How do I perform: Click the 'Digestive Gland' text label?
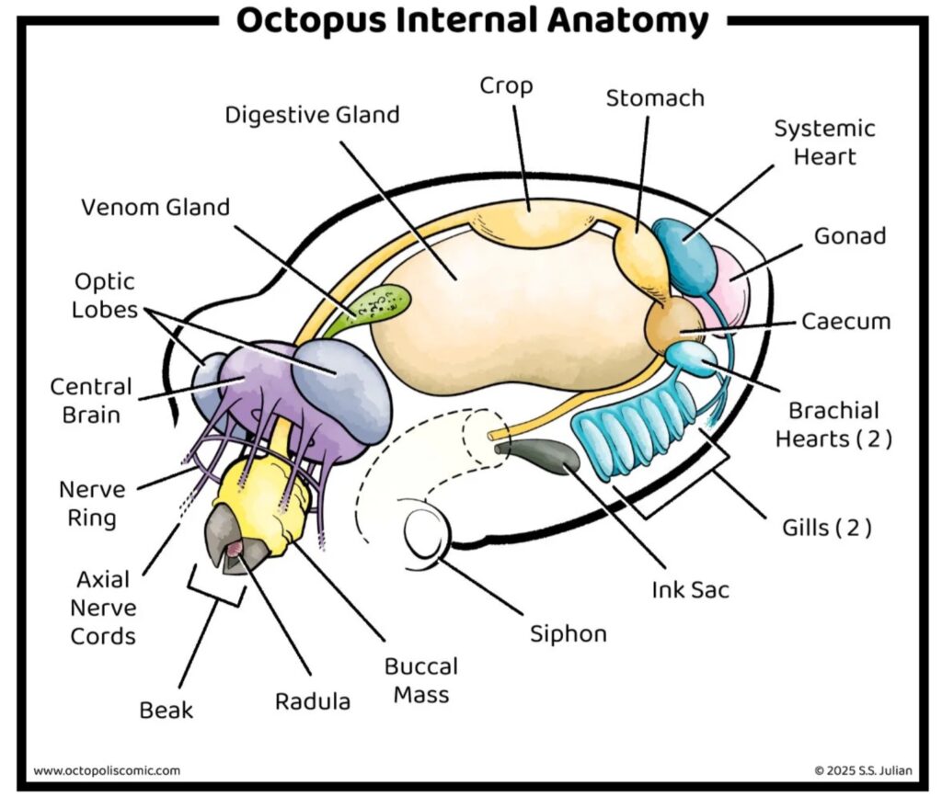(x=313, y=116)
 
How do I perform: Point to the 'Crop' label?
(x=506, y=85)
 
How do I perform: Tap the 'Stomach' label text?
(x=655, y=98)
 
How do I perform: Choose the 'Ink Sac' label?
(x=690, y=589)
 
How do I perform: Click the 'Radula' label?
(x=313, y=701)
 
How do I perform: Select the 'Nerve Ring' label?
(x=92, y=503)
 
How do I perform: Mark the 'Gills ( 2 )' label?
(x=826, y=528)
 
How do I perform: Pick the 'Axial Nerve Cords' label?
(x=102, y=608)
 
